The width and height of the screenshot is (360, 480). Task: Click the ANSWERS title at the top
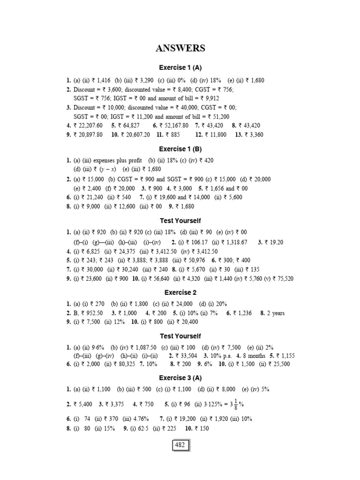(x=180, y=48)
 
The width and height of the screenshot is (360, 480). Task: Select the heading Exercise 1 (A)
(x=180, y=67)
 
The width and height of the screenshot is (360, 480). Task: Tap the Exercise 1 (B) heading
(x=180, y=149)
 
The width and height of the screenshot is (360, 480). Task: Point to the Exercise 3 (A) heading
(x=180, y=377)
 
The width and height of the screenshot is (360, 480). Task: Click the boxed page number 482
(x=180, y=445)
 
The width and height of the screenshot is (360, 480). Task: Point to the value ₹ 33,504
(x=191, y=355)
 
